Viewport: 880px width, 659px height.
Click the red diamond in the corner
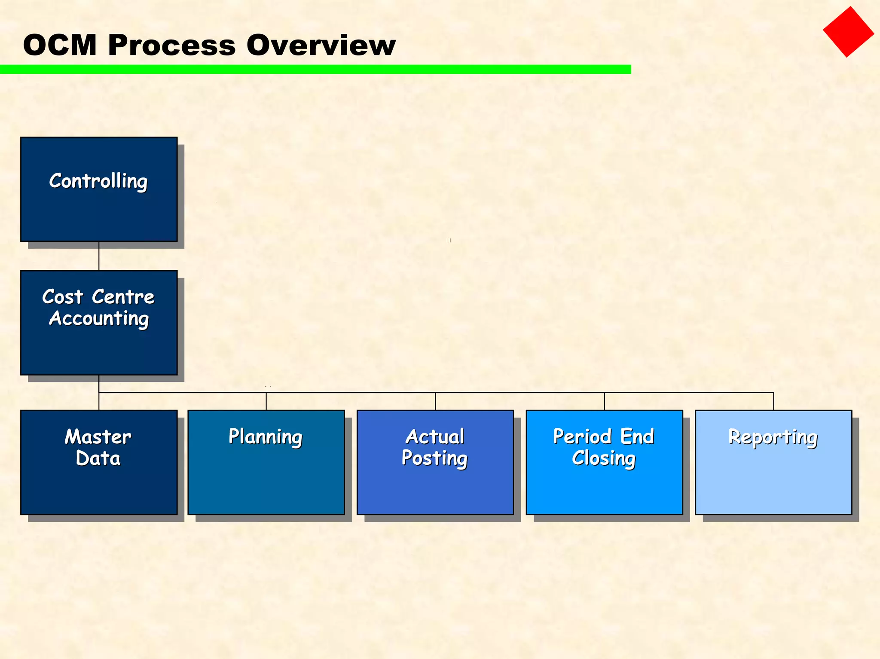[848, 32]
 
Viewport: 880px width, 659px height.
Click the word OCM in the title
[60, 45]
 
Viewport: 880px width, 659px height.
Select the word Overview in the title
[321, 45]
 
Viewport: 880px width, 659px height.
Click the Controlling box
[99, 189]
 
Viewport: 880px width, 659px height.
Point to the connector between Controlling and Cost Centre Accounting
[99, 256]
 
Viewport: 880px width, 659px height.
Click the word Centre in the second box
[123, 297]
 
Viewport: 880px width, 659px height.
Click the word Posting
[434, 458]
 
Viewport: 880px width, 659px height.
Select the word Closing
[604, 458]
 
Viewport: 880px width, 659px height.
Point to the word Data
[98, 458]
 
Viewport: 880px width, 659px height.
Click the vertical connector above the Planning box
[266, 401]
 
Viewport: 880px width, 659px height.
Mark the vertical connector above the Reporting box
[773, 401]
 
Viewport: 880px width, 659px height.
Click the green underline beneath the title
[315, 69]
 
